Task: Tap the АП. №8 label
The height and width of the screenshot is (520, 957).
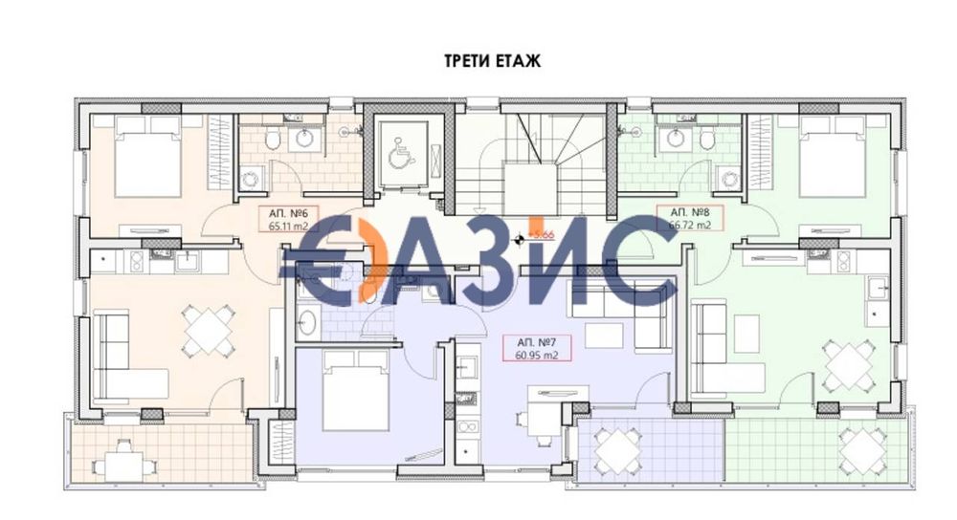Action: (x=689, y=212)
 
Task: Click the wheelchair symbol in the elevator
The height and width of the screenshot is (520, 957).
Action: (x=401, y=152)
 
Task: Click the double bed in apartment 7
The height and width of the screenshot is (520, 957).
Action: (x=355, y=391)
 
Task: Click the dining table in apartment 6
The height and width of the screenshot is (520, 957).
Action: (x=210, y=330)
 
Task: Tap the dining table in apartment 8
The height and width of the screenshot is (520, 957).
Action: (x=849, y=364)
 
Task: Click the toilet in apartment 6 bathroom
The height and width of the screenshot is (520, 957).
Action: (x=273, y=141)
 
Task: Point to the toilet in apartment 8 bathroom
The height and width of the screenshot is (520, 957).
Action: (x=706, y=141)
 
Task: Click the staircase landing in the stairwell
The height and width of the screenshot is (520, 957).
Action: (x=530, y=187)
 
